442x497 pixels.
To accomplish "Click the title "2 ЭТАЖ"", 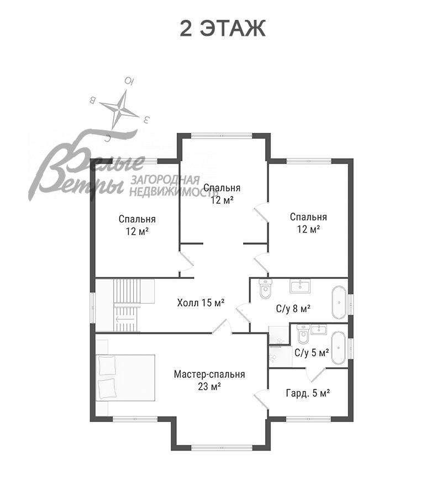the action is pos(222,29).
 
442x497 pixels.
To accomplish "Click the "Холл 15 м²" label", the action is pos(201,303).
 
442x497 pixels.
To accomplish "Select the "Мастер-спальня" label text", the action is pos(209,374).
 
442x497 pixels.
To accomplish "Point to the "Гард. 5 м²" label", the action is pos(308,393).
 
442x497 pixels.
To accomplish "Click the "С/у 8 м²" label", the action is pos(293,308).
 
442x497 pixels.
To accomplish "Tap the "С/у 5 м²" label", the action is pos(312,352).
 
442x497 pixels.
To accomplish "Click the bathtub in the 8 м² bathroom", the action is pos(339,303).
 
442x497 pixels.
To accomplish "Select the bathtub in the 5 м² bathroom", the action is pos(339,348).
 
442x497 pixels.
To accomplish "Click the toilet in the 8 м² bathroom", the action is pos(265,288).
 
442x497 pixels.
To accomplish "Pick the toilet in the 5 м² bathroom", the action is pos(303,334).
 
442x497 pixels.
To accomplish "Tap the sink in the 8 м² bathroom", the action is pos(300,286).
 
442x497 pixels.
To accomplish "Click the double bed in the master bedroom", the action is pos(125,378).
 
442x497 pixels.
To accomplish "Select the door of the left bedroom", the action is pos(186,261).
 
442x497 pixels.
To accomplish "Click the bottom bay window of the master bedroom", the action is pos(222,447).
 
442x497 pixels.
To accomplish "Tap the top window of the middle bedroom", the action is pos(222,136).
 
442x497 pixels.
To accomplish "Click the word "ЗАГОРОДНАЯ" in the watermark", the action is pos(165,180).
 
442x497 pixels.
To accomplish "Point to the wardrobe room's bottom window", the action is pos(308,419).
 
